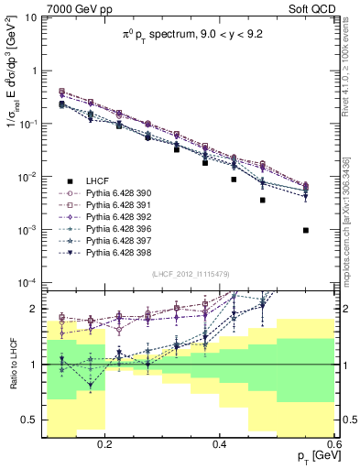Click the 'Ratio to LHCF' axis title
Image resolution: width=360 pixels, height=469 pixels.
11,365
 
